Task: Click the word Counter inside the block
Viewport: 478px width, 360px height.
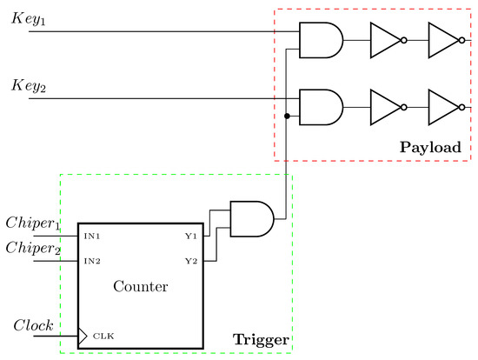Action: click(x=141, y=285)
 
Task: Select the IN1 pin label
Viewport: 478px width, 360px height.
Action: click(x=92, y=236)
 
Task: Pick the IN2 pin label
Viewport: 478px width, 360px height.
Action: click(x=92, y=261)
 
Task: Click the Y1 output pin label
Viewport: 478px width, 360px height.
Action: click(x=190, y=236)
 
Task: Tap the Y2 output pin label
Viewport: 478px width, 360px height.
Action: click(x=190, y=261)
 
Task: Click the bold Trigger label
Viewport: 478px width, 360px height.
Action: click(x=260, y=337)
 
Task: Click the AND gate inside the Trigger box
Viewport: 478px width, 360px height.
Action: click(x=251, y=217)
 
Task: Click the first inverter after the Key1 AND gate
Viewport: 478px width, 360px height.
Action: click(x=384, y=40)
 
